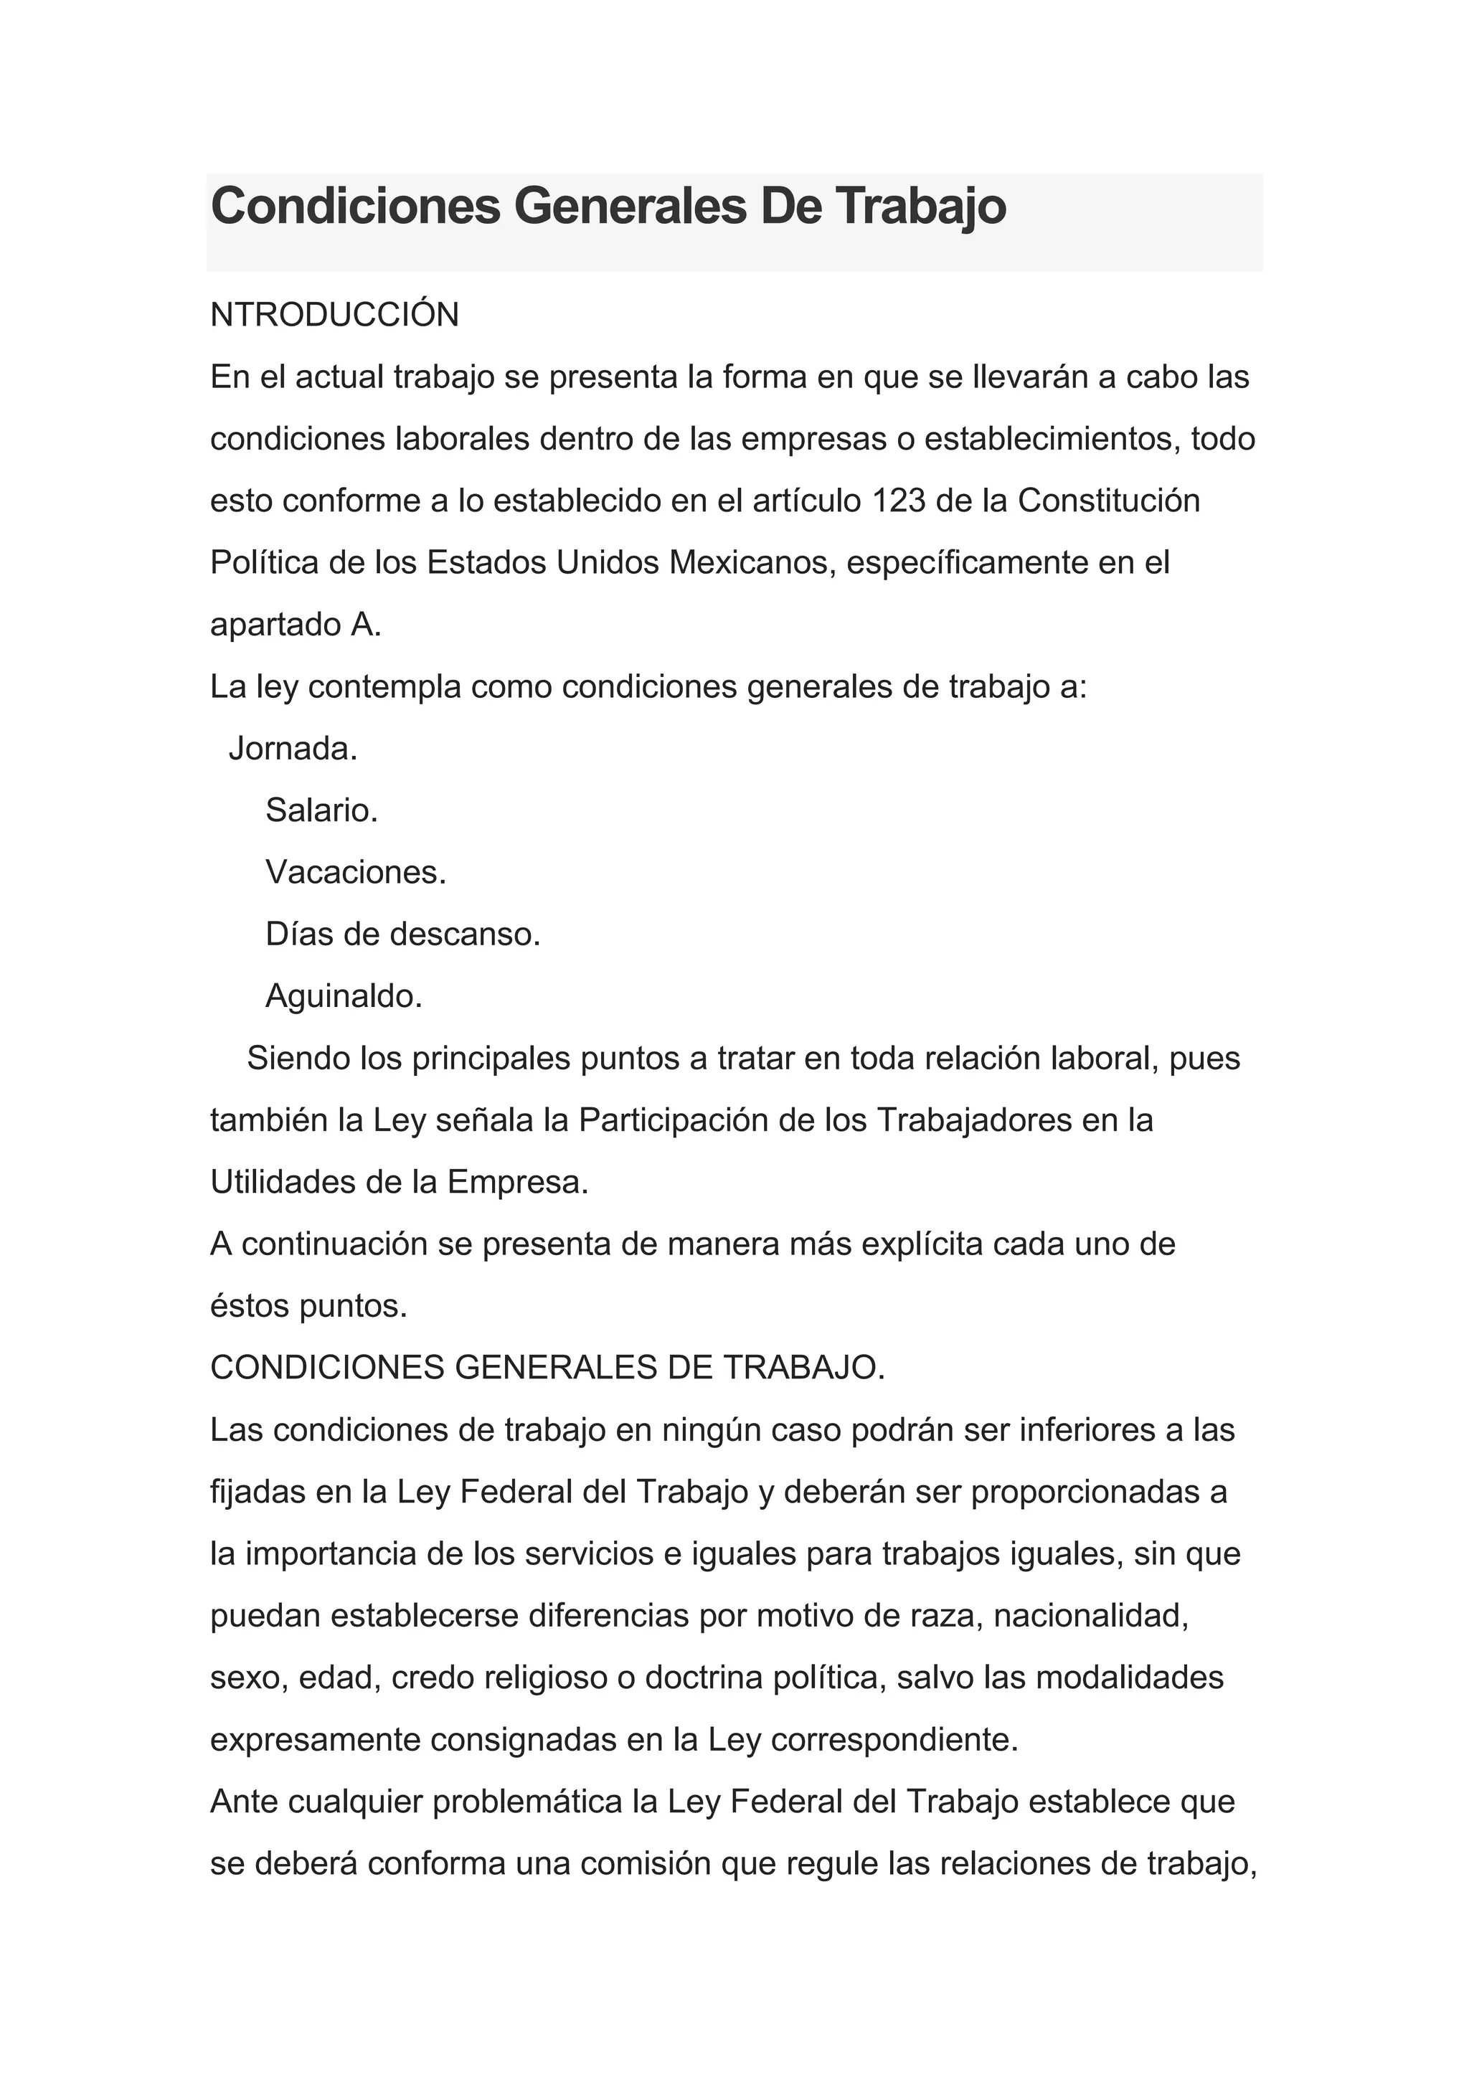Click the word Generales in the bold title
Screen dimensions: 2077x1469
click(x=630, y=207)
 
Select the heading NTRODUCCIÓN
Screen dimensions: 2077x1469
click(x=335, y=315)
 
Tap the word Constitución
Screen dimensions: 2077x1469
click(x=1109, y=501)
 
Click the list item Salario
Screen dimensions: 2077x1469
click(x=321, y=810)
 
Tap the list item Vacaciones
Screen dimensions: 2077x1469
click(x=356, y=872)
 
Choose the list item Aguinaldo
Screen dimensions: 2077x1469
click(x=344, y=996)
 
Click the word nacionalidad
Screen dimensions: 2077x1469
click(x=1091, y=1616)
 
